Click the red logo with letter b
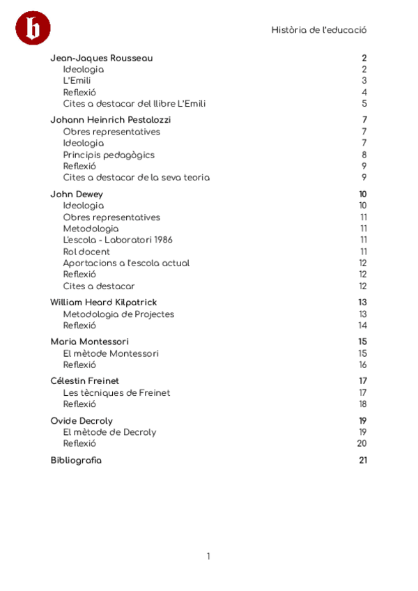(x=33, y=29)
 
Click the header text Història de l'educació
(x=319, y=30)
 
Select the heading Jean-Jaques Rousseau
(x=102, y=59)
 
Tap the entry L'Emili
(x=77, y=81)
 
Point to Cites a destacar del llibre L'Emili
(x=134, y=104)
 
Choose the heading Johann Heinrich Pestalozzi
(x=111, y=120)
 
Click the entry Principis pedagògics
(x=109, y=155)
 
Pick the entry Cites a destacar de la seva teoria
(x=136, y=178)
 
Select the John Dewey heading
(x=77, y=194)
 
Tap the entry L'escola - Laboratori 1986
(x=118, y=240)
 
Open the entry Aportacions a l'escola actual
(x=126, y=263)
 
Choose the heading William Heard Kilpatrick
(x=104, y=302)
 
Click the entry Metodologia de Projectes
(x=118, y=314)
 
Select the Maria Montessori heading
(x=89, y=341)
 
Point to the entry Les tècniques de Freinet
(x=116, y=393)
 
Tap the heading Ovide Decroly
(x=82, y=421)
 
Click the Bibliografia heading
(x=76, y=460)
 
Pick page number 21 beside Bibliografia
(x=362, y=460)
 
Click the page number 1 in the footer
(x=208, y=556)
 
